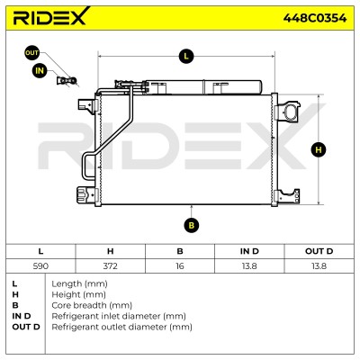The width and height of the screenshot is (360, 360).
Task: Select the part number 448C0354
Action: pyautogui.click(x=315, y=18)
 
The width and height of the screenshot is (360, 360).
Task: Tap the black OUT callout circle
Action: pyautogui.click(x=31, y=53)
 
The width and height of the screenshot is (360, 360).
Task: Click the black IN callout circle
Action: pyautogui.click(x=40, y=71)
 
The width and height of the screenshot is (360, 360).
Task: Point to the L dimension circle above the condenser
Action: pyautogui.click(x=186, y=56)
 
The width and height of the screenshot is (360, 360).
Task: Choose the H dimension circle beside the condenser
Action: pyautogui.click(x=319, y=149)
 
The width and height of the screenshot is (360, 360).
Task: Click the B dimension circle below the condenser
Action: pyautogui.click(x=192, y=225)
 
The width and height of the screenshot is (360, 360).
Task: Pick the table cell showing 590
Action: pyautogui.click(x=40, y=265)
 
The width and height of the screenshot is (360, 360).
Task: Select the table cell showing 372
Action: pyautogui.click(x=110, y=265)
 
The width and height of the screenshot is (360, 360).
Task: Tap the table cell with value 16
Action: pyautogui.click(x=180, y=265)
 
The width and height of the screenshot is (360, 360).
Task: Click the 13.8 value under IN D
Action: pyautogui.click(x=249, y=265)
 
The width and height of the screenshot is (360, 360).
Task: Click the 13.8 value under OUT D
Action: pyautogui.click(x=319, y=265)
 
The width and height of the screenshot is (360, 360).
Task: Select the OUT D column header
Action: pyautogui.click(x=319, y=251)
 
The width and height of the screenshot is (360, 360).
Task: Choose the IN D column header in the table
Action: pyautogui.click(x=249, y=251)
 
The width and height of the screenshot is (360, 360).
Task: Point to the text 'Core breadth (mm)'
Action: pyautogui.click(x=92, y=305)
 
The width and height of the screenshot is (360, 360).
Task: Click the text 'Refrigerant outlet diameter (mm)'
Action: pyautogui.click(x=121, y=327)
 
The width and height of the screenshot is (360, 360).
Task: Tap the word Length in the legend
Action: pyautogui.click(x=67, y=283)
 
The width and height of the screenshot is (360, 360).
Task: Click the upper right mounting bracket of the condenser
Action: pyautogui.click(x=287, y=110)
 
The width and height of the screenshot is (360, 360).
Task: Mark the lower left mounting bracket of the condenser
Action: pyautogui.click(x=87, y=195)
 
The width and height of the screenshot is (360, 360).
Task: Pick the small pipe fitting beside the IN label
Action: pyautogui.click(x=67, y=80)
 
